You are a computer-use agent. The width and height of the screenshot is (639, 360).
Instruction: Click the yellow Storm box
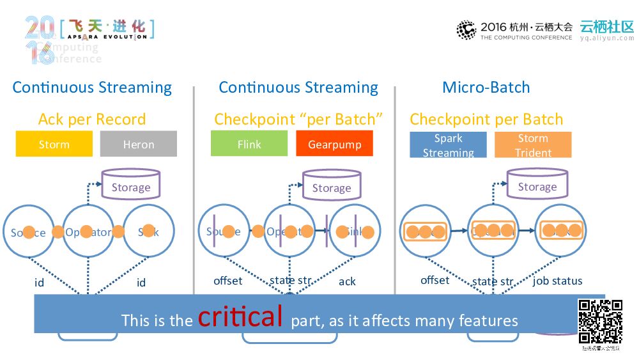click(x=54, y=144)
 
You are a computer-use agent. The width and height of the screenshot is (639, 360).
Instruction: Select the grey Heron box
click(x=138, y=144)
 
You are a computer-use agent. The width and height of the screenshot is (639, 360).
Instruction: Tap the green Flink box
click(x=249, y=144)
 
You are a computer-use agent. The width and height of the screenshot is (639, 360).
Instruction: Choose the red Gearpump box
click(x=334, y=144)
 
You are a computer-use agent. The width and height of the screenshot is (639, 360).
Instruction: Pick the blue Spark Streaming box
click(x=448, y=145)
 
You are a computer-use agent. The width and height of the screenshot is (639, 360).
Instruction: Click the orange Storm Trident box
click(x=533, y=145)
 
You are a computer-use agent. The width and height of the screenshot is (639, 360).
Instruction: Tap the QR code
click(x=600, y=322)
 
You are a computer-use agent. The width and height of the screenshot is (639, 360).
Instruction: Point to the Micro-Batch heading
click(x=486, y=88)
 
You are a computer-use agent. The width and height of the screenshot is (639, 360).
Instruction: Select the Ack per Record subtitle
click(x=92, y=119)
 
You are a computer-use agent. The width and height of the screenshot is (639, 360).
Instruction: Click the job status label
click(x=557, y=281)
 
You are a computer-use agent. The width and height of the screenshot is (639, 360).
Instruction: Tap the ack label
click(x=347, y=281)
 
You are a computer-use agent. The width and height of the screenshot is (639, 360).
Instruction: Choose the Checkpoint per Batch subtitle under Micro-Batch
click(x=486, y=119)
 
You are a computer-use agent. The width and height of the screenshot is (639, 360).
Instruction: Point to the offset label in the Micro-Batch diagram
click(x=435, y=280)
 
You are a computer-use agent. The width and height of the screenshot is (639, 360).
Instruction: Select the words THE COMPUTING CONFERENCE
click(x=527, y=38)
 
